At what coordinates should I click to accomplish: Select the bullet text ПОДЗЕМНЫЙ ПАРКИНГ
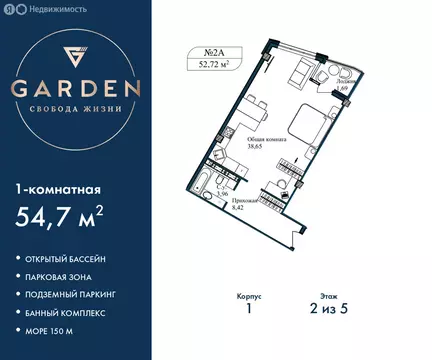click(79, 299)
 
